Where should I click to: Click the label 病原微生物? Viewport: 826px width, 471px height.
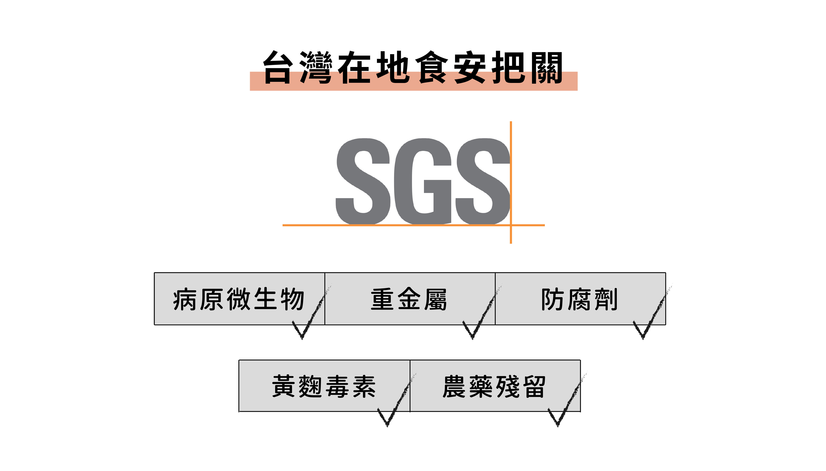(x=239, y=299)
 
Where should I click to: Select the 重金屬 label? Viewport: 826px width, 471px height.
(x=409, y=299)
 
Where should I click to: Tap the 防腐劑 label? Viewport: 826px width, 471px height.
(x=579, y=299)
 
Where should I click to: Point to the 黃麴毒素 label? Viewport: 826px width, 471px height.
(x=324, y=386)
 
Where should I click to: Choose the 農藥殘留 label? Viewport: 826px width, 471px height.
(x=494, y=386)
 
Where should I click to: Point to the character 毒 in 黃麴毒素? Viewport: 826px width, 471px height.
(x=337, y=386)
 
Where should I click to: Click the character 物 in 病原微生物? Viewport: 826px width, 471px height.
(x=292, y=299)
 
